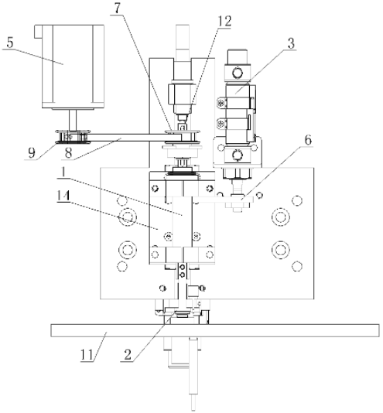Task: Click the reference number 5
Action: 10,43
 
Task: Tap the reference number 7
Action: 118,9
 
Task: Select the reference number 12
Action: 224,21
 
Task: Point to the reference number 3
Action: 291,43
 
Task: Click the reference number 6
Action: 308,140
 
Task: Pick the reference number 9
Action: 32,153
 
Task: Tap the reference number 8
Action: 68,153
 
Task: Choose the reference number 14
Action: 63,196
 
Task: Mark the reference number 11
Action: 87,355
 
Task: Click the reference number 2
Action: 128,355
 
